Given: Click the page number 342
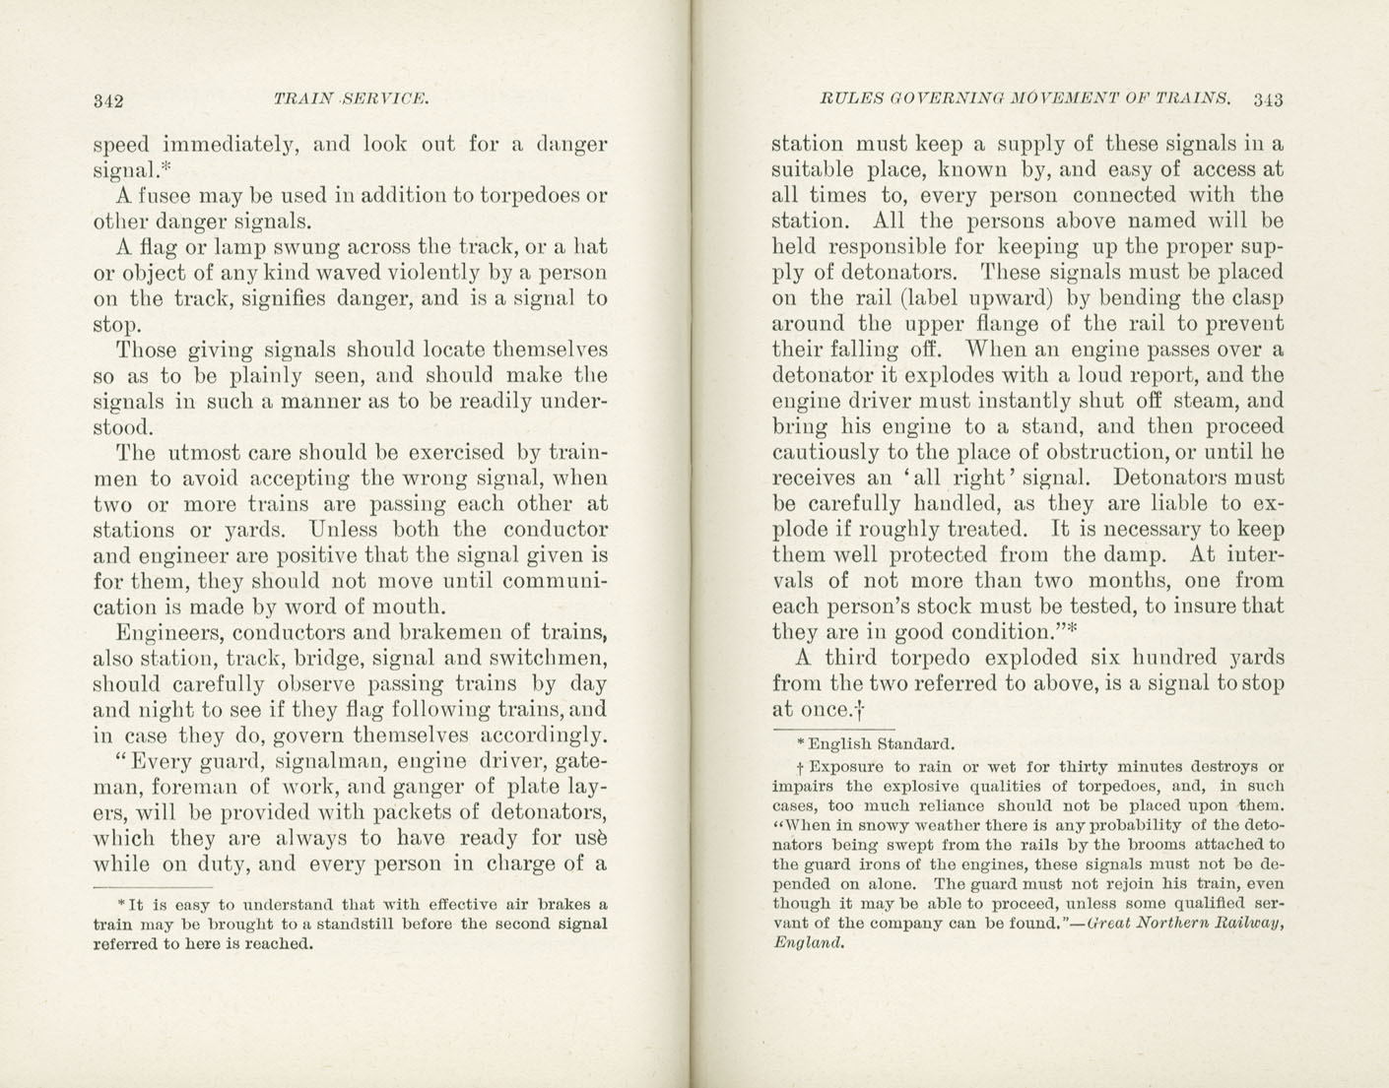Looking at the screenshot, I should pos(107,99).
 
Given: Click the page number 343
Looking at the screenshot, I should pos(1269,98).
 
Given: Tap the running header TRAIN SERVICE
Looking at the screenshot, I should pos(351,98).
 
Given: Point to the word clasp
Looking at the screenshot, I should pos(1259,298).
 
